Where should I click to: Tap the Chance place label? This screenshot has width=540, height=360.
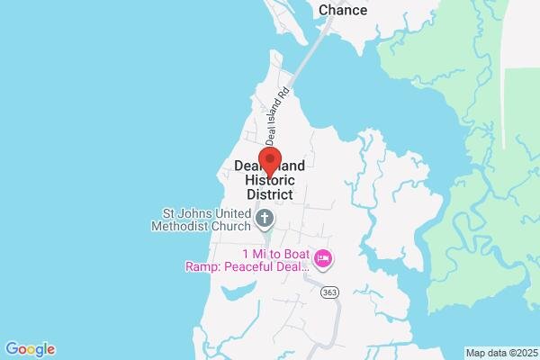343,10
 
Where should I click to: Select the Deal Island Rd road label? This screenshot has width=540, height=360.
277,114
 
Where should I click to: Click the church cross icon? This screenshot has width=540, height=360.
265,217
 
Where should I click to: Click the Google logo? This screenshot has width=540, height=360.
30,349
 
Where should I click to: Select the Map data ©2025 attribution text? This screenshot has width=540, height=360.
500,352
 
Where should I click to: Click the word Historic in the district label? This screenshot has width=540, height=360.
269,180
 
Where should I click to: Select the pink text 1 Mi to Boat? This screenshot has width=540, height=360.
275,253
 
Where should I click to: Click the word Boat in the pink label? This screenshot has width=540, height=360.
292,253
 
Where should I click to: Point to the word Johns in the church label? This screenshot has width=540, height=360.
194,213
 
